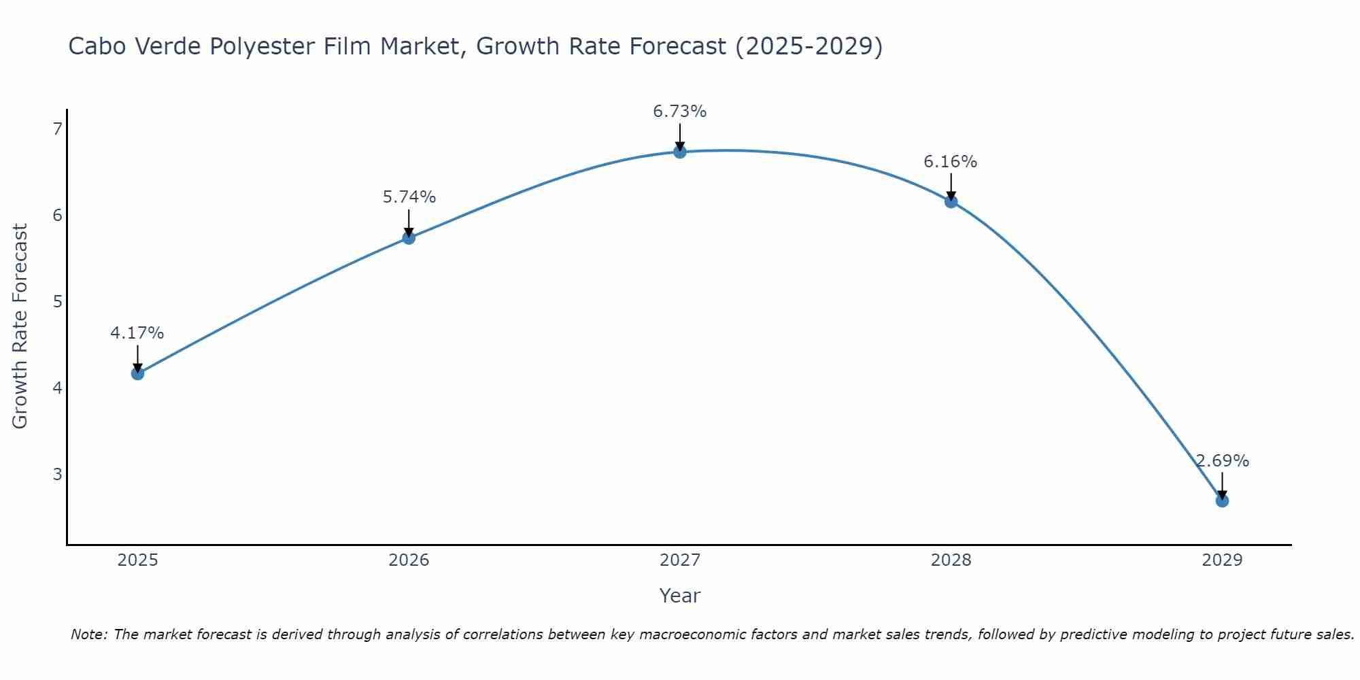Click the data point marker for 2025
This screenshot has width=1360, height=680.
coord(137,373)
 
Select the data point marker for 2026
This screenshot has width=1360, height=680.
coord(409,237)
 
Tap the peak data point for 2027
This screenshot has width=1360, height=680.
coord(680,152)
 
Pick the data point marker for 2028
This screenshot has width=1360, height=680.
coord(951,201)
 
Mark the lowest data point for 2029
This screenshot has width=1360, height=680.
coord(1222,501)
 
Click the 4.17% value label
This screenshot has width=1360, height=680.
coord(137,333)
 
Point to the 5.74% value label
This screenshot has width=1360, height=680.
coord(409,197)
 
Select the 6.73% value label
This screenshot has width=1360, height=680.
coord(680,112)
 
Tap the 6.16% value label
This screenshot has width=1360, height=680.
coord(951,162)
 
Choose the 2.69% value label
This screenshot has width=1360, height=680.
coord(1223,461)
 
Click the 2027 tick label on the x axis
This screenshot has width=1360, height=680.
coord(680,560)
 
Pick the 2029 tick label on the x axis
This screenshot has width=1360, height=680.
coord(1222,560)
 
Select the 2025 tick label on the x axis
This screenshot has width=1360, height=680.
coord(137,560)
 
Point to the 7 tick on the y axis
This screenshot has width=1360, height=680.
coord(57,129)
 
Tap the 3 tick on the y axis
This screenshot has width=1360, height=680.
coord(57,474)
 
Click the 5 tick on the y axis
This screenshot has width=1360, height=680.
coord(57,301)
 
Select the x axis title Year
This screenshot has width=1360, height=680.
coord(680,596)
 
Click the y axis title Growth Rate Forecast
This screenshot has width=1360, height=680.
coord(20,326)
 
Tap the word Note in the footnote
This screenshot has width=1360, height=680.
coord(88,634)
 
